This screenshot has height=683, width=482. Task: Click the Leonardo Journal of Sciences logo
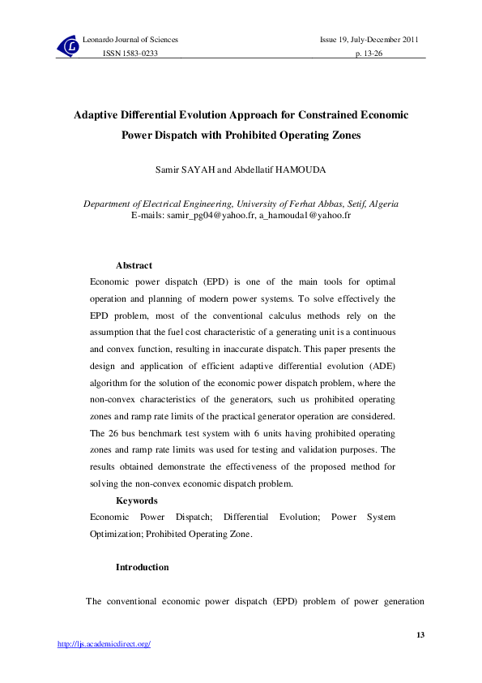(69, 47)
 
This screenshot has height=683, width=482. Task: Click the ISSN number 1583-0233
(129, 53)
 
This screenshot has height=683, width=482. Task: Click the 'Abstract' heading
(134, 265)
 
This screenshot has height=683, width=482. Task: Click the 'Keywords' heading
(137, 500)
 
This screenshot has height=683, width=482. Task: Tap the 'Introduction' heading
(143, 567)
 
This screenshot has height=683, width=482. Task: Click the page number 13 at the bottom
(420, 634)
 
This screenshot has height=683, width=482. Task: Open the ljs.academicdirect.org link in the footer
(104, 644)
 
